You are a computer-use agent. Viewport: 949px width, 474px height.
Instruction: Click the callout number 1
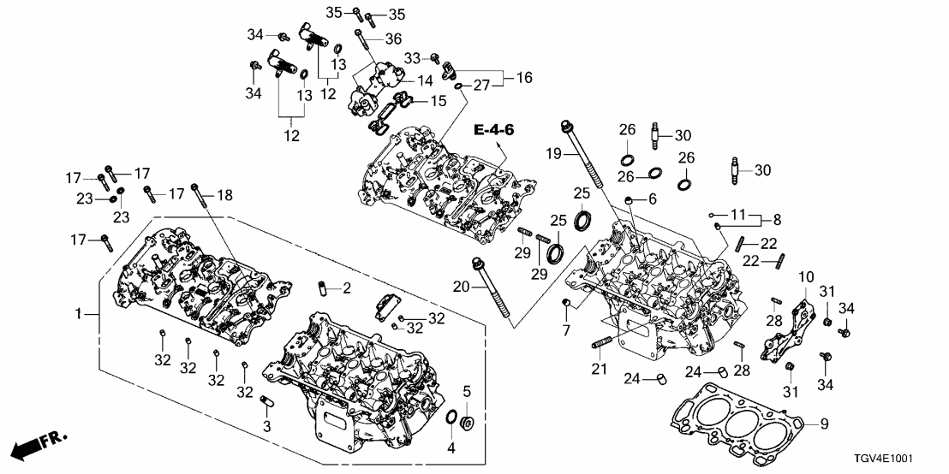tap(79, 315)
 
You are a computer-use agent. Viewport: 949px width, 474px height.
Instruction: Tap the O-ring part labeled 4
tap(451, 419)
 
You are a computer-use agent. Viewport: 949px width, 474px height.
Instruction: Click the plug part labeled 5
tap(469, 422)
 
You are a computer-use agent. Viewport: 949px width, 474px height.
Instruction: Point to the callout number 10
tap(806, 277)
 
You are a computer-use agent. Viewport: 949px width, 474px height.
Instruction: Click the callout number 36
tap(393, 39)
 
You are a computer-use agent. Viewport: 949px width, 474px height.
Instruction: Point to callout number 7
tap(565, 330)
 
